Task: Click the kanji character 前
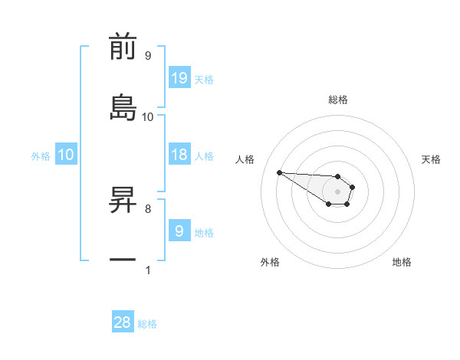[123, 47]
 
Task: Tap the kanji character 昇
[123, 199]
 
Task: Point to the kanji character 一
[123, 260]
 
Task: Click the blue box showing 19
[179, 77]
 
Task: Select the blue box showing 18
[179, 155]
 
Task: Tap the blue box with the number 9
[179, 231]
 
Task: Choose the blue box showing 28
[123, 322]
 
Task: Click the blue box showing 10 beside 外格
[66, 155]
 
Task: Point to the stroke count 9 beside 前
[147, 56]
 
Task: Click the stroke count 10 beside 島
[148, 117]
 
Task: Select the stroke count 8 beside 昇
[147, 208]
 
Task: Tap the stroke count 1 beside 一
[147, 270]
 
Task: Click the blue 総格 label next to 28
[147, 324]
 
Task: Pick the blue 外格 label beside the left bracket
[41, 155]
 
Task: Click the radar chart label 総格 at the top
[338, 100]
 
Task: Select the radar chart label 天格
[432, 159]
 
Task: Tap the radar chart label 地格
[402, 262]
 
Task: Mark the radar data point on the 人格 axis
[279, 172]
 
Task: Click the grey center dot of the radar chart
[337, 191]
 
